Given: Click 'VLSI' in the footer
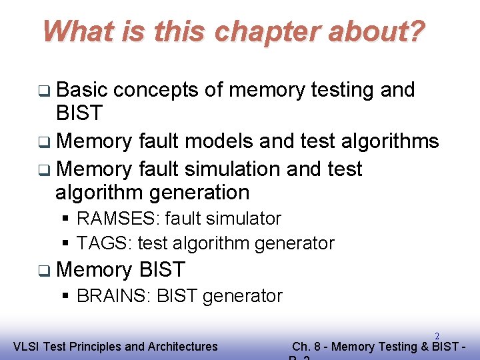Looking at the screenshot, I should click(x=27, y=346).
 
